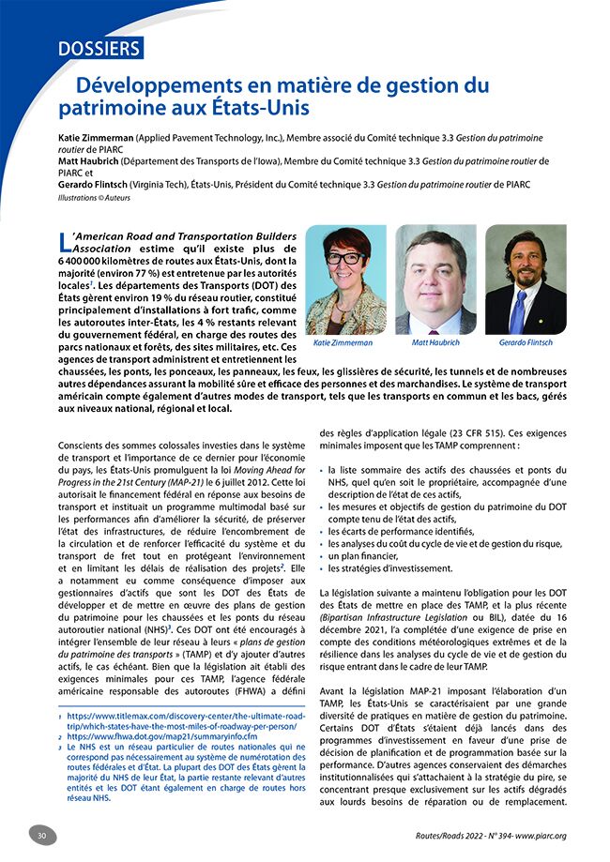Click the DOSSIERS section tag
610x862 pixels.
pos(98,48)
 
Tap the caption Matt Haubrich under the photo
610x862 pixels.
pos(435,343)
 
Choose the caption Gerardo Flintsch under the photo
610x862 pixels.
pos(526,343)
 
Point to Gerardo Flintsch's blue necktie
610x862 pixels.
pos(518,313)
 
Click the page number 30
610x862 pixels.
pos(41,836)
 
